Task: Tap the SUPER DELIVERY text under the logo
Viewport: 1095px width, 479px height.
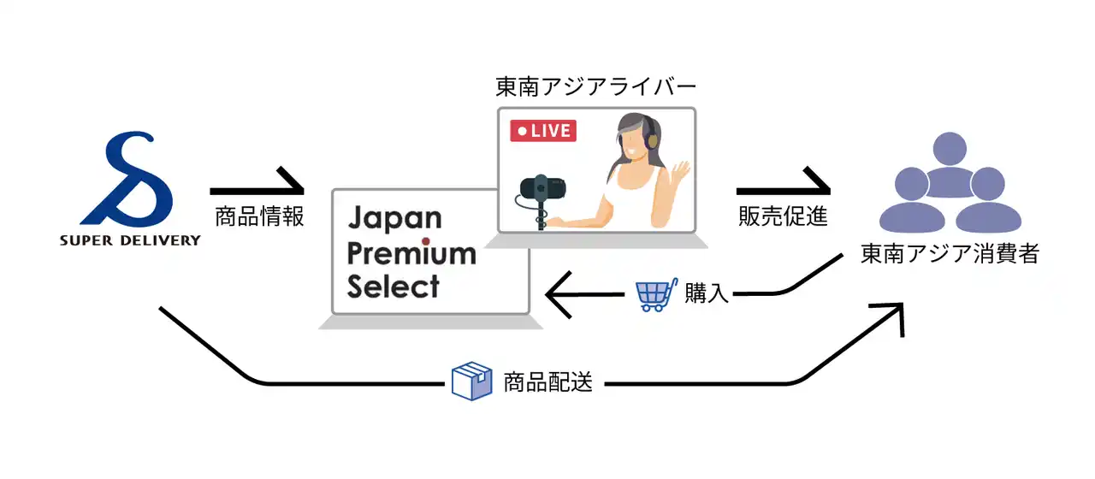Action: tap(130, 240)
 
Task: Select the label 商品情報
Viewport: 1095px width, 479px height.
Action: tap(259, 216)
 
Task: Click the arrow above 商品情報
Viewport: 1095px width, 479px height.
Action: tap(257, 186)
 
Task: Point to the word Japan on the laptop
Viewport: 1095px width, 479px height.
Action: tap(394, 219)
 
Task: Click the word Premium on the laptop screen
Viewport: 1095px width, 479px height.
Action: tap(411, 253)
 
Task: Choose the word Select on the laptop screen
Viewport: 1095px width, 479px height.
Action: tap(393, 287)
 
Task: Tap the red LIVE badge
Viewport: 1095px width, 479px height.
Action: tap(543, 131)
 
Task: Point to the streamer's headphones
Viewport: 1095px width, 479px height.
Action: tap(653, 134)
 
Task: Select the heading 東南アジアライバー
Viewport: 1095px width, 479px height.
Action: tap(596, 87)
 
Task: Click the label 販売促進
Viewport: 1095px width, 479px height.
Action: tap(783, 216)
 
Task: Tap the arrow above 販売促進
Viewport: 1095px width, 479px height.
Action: tap(783, 186)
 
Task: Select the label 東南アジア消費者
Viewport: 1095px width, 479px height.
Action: tap(950, 254)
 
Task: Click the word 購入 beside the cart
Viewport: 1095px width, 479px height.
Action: tap(707, 294)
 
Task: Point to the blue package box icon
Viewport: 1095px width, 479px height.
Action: tap(471, 381)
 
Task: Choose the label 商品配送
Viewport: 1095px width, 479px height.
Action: tap(547, 382)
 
